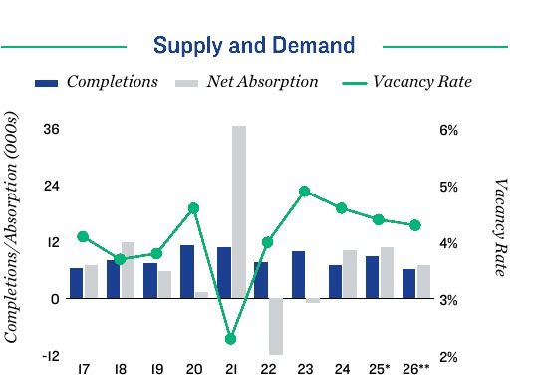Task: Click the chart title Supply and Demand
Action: click(254, 45)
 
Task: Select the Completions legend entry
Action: click(112, 81)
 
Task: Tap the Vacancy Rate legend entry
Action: click(422, 81)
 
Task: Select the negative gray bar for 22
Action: click(276, 326)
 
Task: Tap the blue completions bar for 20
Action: click(186, 271)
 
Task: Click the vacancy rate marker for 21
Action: click(230, 339)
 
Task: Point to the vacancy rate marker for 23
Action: click(305, 192)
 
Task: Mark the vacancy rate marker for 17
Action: click(83, 236)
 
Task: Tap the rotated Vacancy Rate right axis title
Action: click(501, 228)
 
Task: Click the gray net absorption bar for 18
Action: click(128, 270)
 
